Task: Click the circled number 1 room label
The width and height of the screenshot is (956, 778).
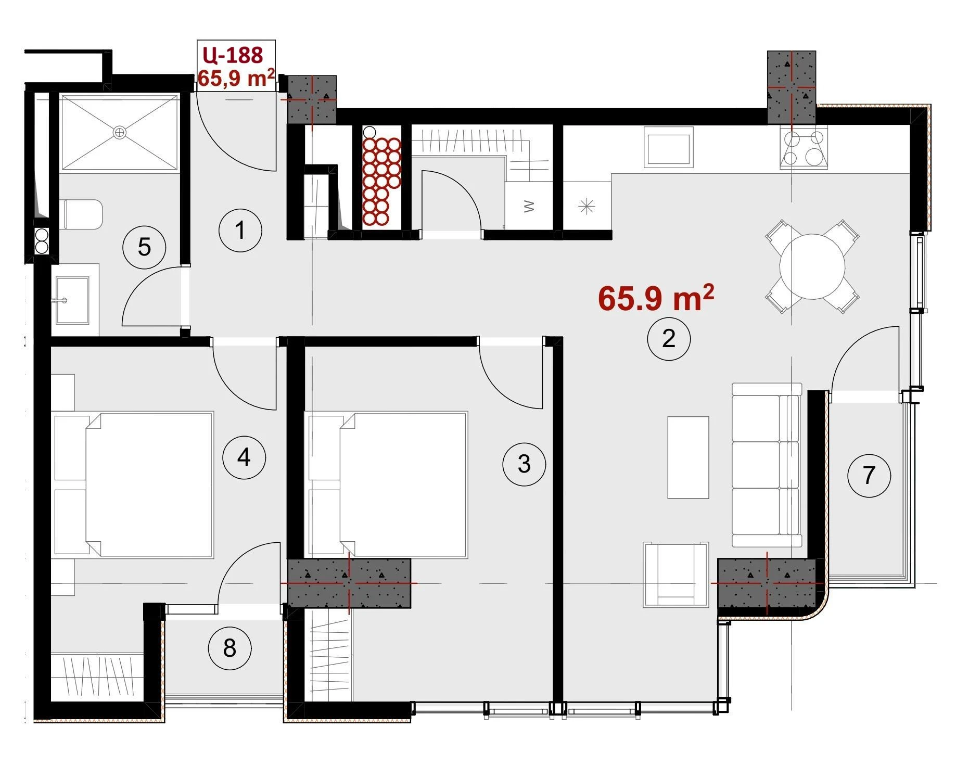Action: [x=240, y=230]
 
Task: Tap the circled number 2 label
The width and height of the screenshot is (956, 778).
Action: [x=669, y=339]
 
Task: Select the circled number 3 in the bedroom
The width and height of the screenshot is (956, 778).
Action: [x=524, y=464]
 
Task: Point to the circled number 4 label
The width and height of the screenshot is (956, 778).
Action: [x=244, y=457]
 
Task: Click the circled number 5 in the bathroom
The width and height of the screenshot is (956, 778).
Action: [x=144, y=247]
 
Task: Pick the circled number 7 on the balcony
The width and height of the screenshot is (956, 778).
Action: [x=869, y=475]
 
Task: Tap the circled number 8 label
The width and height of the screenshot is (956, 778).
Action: [x=230, y=648]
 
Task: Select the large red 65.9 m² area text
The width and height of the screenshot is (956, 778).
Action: [x=656, y=298]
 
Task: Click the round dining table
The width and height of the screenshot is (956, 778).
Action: [x=812, y=266]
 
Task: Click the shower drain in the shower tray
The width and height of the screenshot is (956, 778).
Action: [x=120, y=132]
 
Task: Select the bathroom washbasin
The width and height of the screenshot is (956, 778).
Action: [x=72, y=300]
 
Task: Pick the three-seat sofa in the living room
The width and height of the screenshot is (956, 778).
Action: [x=767, y=465]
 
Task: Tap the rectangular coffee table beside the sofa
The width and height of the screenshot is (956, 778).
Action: [x=688, y=457]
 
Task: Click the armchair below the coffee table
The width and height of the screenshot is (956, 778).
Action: [x=675, y=575]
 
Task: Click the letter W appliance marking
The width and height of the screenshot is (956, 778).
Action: [x=529, y=207]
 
